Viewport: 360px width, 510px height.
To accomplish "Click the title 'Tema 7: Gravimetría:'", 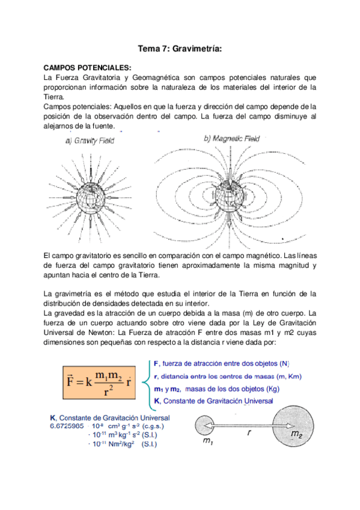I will coord(180,51).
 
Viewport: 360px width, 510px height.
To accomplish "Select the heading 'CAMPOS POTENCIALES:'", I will coord(87,69).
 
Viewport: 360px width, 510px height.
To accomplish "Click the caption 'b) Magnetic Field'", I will coord(231,139).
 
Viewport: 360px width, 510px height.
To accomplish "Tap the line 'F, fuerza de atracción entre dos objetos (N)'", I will coord(221,363).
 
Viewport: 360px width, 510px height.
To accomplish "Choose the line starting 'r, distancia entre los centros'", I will coord(227,376).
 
